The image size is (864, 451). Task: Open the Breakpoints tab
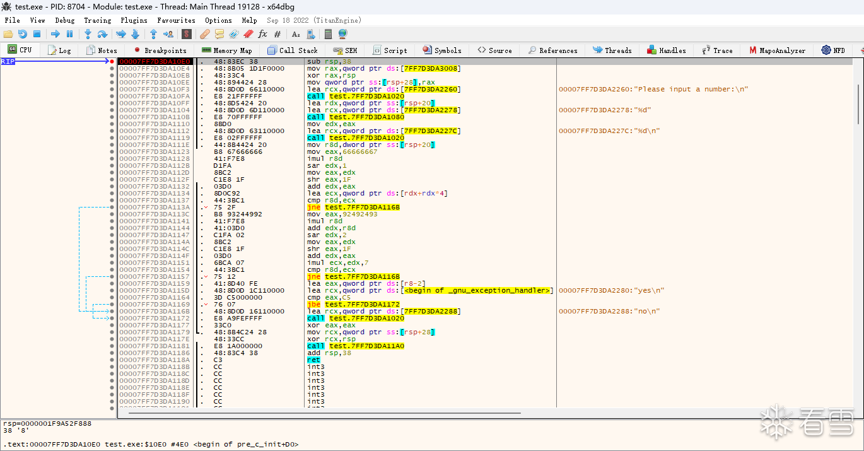160,50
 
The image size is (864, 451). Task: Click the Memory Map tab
227,50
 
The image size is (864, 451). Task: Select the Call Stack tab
293,50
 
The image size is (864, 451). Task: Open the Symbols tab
442,50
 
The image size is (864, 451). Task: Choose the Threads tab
612,50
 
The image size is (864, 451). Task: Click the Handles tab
667,50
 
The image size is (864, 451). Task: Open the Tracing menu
98,20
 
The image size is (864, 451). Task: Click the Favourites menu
176,20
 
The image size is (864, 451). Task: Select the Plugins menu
134,20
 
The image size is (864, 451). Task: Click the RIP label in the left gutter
8,61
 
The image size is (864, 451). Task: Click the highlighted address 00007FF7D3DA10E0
155,61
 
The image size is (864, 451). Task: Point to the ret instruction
313,360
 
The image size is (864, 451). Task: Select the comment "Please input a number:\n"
693,89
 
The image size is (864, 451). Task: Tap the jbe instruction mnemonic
314,305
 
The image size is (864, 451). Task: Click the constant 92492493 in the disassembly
360,214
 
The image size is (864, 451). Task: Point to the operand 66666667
360,151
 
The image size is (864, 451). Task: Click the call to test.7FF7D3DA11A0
356,346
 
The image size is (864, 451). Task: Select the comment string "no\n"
647,312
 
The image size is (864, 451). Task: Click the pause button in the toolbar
70,34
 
